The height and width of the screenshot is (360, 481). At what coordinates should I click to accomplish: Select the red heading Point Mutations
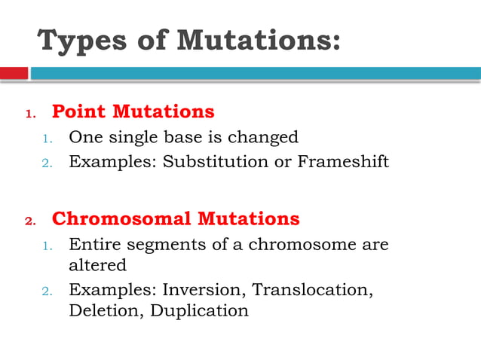(x=133, y=112)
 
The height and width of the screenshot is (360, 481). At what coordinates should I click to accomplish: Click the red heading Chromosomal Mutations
(x=175, y=219)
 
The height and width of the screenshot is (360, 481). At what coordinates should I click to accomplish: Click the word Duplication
(x=200, y=310)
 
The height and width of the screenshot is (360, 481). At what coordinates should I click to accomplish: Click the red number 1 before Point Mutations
(x=30, y=114)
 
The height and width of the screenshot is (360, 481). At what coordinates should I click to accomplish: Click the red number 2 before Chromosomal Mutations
(x=30, y=221)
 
